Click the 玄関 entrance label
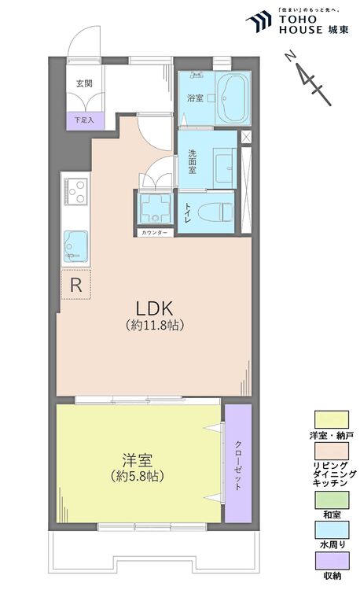(x=84, y=83)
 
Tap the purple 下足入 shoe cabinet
(x=84, y=120)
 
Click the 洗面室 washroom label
(x=192, y=160)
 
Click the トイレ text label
(x=189, y=211)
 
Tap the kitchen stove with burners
(x=76, y=190)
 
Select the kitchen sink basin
(x=75, y=245)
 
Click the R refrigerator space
(x=76, y=286)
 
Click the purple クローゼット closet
(x=238, y=464)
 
